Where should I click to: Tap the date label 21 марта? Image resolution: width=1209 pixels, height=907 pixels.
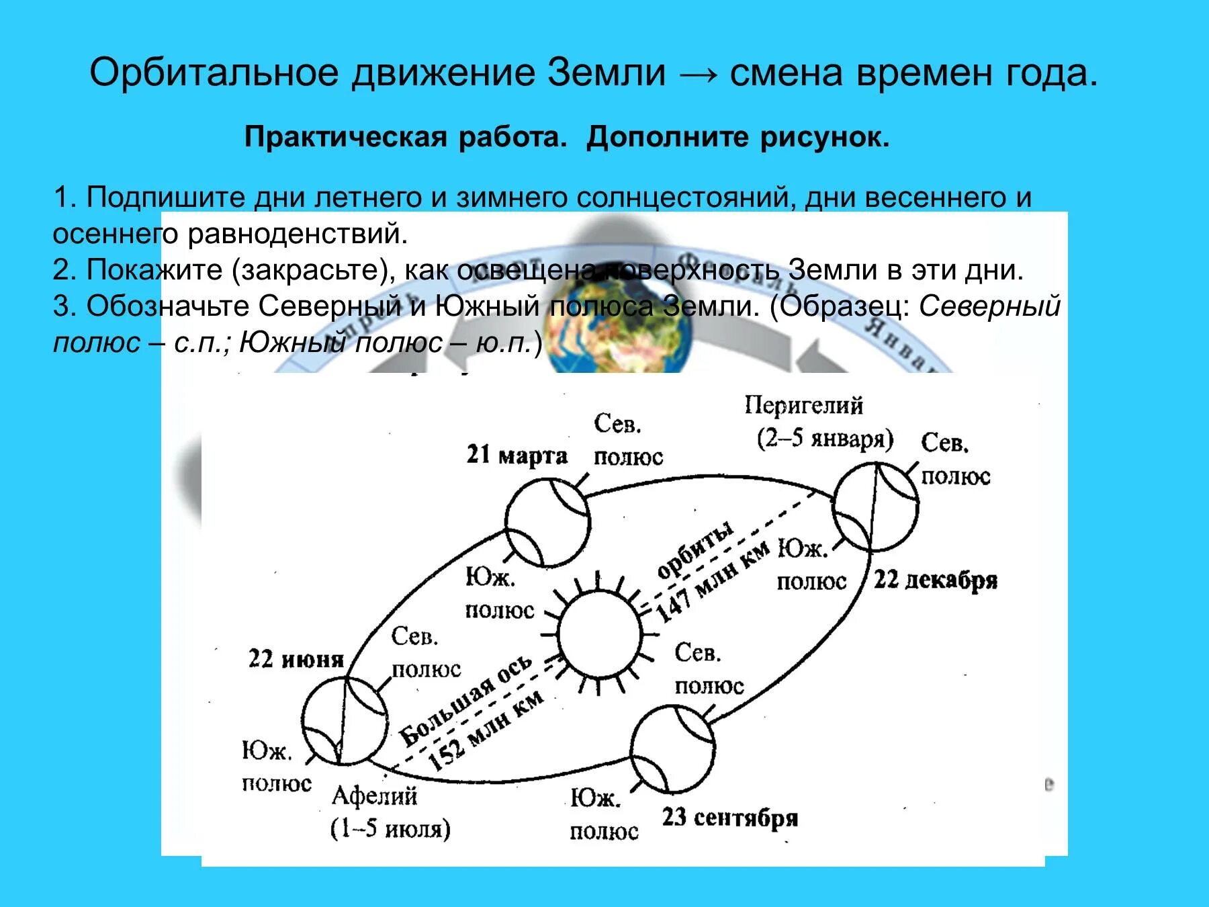517,455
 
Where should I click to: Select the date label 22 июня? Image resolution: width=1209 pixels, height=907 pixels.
296,658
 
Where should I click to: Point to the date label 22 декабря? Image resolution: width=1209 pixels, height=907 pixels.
935,579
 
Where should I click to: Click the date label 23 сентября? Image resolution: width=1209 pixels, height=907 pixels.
730,818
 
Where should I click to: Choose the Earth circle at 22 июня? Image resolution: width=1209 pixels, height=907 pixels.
344,720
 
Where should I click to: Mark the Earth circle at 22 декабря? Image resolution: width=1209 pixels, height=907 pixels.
875,505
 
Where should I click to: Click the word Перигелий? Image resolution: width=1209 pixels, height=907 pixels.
803,406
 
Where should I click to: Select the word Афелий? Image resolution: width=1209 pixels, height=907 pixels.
374,796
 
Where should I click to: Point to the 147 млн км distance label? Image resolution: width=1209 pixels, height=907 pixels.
712,580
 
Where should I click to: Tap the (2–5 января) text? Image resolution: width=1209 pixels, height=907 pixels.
825,439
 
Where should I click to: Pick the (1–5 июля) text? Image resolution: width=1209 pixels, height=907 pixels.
390,828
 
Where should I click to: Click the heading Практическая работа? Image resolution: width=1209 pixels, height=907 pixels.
402,137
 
